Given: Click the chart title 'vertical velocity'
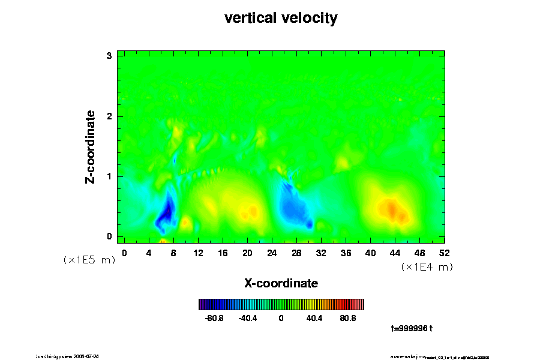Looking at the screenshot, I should [x=281, y=19].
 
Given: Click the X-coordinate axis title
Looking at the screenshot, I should [x=281, y=283].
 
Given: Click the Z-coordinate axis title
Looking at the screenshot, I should [x=91, y=146].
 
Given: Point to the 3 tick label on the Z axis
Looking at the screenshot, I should [x=109, y=56].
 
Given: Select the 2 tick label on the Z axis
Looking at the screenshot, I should [x=109, y=116].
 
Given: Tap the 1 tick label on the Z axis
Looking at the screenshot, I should [x=109, y=176].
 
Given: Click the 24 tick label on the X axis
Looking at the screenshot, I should [x=272, y=253].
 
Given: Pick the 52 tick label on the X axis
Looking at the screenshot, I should [x=445, y=253].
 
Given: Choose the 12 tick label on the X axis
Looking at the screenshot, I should [x=198, y=253].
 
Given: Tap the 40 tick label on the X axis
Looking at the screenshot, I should [x=371, y=253].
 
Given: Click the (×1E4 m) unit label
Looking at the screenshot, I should [x=427, y=267].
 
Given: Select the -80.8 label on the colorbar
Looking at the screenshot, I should [x=214, y=318].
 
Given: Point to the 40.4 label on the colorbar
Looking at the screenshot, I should [x=314, y=318].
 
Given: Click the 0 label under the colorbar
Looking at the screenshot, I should [x=281, y=318].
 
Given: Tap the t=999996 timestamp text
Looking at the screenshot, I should [x=412, y=328].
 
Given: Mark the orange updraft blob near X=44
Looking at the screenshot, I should [x=390, y=209].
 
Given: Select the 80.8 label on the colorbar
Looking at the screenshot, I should [x=348, y=318].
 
